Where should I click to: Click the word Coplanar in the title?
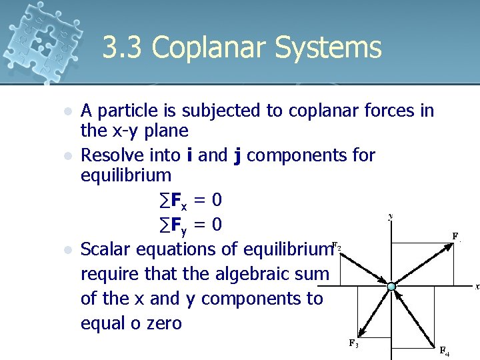click(x=210, y=49)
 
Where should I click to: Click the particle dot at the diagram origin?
click(x=391, y=287)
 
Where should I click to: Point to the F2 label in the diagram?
click(x=337, y=245)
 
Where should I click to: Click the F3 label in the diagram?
click(x=353, y=343)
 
